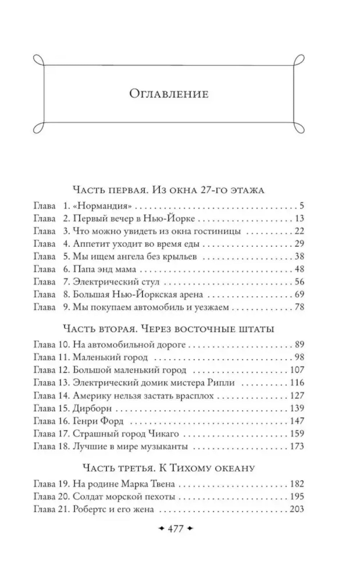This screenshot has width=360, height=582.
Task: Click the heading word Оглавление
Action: (169, 94)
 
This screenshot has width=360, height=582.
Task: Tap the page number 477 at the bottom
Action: (176, 529)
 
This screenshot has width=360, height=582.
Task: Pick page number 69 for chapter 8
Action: (299, 295)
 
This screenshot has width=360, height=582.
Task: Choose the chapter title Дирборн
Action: (92, 408)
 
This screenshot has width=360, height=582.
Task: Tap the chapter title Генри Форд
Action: (98, 421)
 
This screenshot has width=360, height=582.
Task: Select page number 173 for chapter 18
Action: (297, 447)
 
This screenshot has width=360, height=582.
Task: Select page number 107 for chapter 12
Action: (297, 370)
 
